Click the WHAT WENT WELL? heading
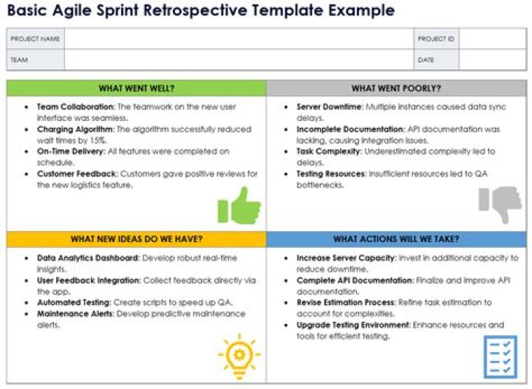click(137, 89)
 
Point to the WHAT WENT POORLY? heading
click(396, 89)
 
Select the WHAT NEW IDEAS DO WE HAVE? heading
click(137, 239)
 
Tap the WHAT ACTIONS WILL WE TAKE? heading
click(396, 239)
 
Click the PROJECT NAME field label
click(35, 38)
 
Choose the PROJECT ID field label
click(436, 38)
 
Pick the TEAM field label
click(20, 60)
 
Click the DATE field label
click(426, 60)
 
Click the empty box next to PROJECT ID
click(492, 38)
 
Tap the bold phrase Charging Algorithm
click(75, 129)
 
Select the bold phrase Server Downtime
click(330, 107)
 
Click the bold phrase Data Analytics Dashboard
click(88, 258)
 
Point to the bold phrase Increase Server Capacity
click(346, 258)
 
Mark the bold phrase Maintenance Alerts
click(75, 314)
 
